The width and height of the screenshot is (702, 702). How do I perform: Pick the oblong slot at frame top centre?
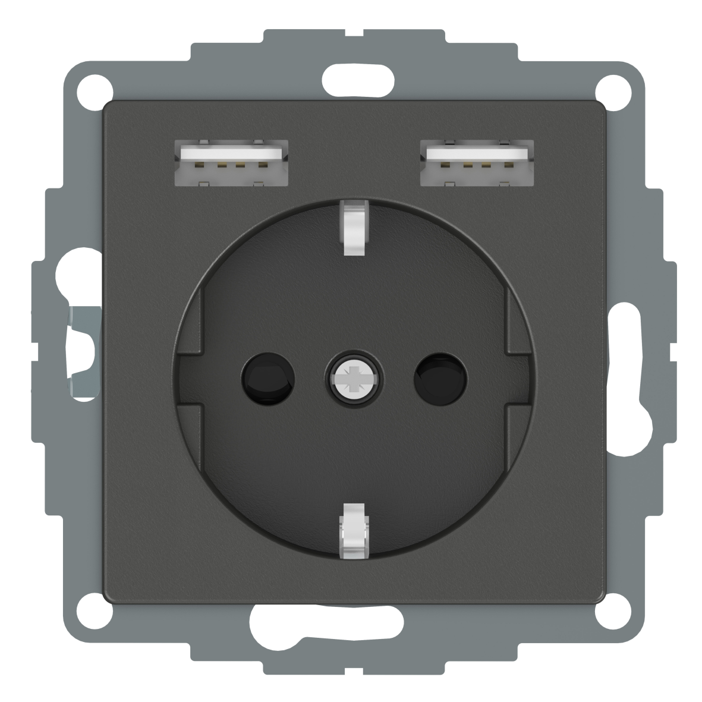tap(351, 76)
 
